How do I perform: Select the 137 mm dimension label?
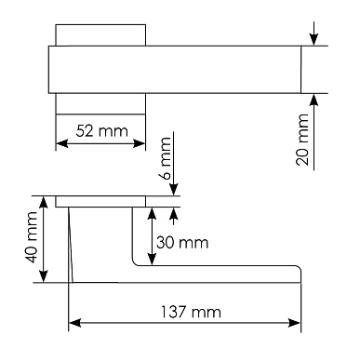pyautogui.click(x=186, y=312)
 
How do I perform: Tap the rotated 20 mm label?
pyautogui.click(x=301, y=140)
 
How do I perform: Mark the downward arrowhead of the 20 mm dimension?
pyautogui.click(x=314, y=40)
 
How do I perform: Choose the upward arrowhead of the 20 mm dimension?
pyautogui.click(x=314, y=100)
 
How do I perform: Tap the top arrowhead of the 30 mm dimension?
pyautogui.click(x=152, y=211)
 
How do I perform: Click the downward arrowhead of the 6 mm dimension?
pyautogui.click(x=174, y=190)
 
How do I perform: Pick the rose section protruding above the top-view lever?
pyautogui.click(x=100, y=34)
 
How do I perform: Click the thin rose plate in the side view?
pyautogui.click(x=100, y=200)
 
